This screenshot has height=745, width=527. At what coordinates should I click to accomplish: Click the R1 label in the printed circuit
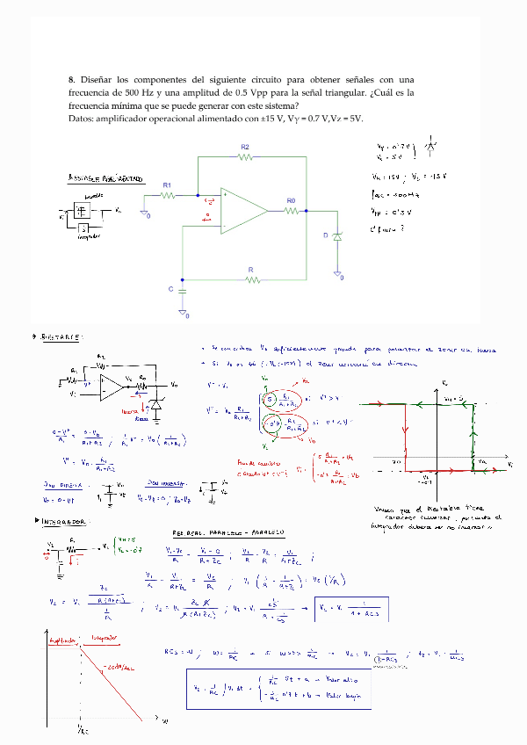[x=167, y=185]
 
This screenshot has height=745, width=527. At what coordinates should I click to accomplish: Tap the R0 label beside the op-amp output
[x=291, y=201]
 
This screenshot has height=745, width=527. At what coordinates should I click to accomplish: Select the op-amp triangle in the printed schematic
[x=242, y=212]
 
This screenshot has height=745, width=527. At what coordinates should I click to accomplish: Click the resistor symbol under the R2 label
[x=245, y=157]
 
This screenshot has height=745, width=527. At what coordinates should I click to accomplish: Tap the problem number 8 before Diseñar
[x=70, y=79]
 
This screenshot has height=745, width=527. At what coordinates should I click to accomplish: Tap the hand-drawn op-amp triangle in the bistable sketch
[x=112, y=385]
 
